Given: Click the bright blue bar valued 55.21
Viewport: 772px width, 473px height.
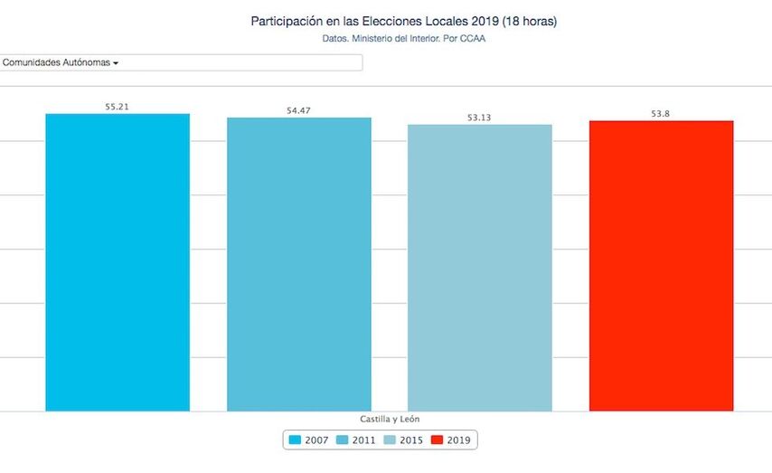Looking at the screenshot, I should (x=118, y=262).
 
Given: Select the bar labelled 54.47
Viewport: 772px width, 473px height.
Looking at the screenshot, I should (x=298, y=264).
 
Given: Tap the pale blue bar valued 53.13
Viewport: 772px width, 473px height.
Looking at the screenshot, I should (x=479, y=268).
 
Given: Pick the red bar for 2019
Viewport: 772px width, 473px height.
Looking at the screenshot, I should (x=661, y=266).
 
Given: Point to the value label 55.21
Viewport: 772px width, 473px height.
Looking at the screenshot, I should (x=117, y=107).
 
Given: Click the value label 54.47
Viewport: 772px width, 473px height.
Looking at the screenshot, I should (x=298, y=110).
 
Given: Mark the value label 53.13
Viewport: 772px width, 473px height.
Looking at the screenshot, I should (x=479, y=118).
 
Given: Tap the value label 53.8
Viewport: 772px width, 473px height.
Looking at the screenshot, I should (x=660, y=114).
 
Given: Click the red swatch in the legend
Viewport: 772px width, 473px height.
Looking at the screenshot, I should (x=438, y=440).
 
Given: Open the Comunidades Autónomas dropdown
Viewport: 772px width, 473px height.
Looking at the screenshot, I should (x=181, y=62).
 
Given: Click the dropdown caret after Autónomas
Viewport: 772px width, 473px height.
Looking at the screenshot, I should (x=117, y=63).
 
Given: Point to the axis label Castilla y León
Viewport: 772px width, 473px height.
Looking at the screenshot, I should (x=389, y=419).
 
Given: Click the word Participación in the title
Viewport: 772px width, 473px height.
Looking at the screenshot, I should (x=286, y=20).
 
